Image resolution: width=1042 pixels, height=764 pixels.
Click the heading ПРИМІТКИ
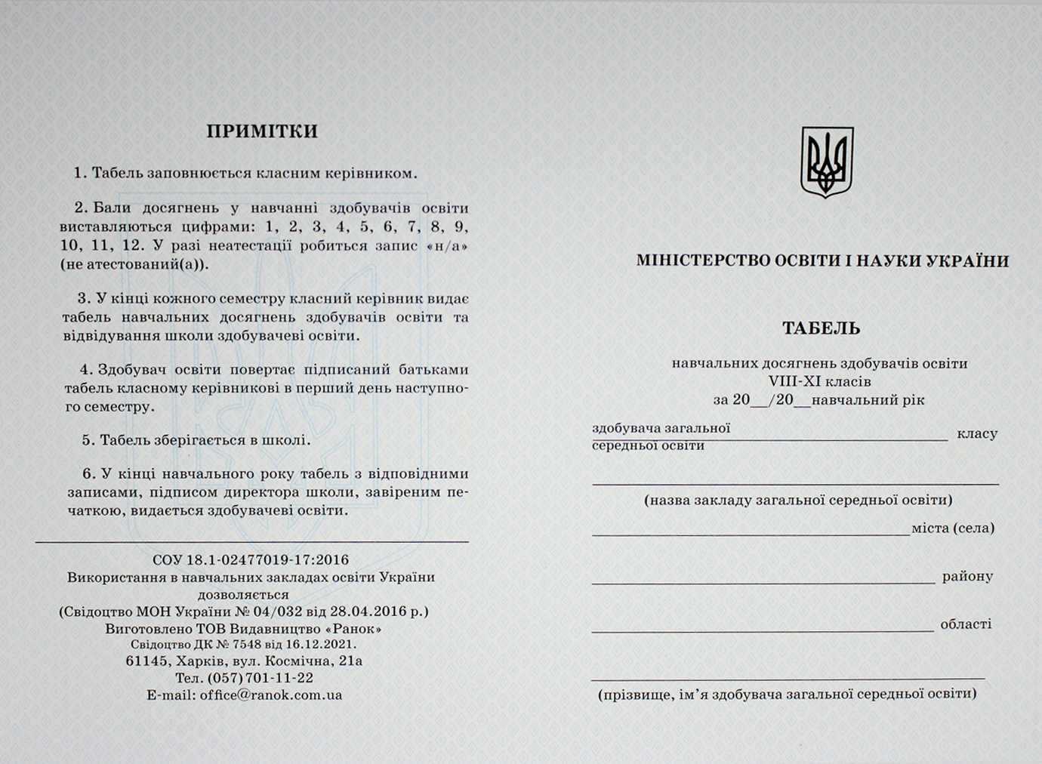coord(262,131)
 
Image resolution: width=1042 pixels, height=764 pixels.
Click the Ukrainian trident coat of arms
coord(827,162)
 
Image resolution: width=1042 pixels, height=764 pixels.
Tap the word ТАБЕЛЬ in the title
coord(822,328)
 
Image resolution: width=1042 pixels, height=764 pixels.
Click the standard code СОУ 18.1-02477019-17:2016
coord(251,560)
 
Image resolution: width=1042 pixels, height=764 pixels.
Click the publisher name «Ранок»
coord(354,628)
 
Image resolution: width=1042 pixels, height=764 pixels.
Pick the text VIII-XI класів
coord(820,381)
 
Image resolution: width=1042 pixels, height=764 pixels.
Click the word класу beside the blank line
coord(977,434)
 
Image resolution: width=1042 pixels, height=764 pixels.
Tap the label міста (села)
coord(953,528)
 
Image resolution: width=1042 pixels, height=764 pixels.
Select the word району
coord(967,577)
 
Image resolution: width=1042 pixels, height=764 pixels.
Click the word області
coord(966,624)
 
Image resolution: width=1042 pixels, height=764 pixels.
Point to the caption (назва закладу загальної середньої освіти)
coord(798,500)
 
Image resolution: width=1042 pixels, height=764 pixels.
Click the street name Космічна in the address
coord(307,661)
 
